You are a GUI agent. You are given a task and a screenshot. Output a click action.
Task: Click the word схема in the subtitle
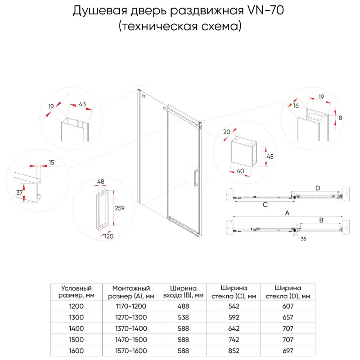pyautogui.click(x=221, y=26)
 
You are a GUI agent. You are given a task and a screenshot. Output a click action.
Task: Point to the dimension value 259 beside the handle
pyautogui.click(x=119, y=208)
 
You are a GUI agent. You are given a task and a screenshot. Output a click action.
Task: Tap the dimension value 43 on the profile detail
pyautogui.click(x=82, y=104)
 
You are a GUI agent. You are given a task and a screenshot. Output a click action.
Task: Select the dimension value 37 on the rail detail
pyautogui.click(x=19, y=192)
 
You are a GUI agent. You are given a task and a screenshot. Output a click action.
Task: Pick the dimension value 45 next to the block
pyautogui.click(x=270, y=157)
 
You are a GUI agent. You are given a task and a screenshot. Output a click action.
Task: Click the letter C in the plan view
pyautogui.click(x=265, y=204)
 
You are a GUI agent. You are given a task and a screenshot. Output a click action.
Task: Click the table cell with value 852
pyautogui.click(x=234, y=351)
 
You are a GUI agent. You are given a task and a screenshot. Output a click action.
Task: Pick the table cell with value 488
pyautogui.click(x=183, y=306)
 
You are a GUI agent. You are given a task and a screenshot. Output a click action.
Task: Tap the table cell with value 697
pyautogui.click(x=288, y=351)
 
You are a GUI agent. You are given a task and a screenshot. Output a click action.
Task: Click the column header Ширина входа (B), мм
pyautogui.click(x=183, y=292)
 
